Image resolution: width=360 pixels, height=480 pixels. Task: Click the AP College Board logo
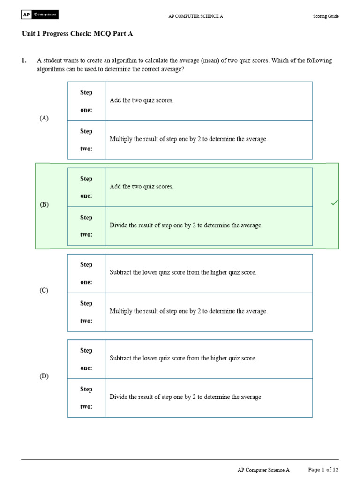point(40,15)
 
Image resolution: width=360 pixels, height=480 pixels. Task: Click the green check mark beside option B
point(334,202)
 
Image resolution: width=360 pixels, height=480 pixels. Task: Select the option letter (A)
point(44,119)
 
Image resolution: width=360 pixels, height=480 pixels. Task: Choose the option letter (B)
point(44,204)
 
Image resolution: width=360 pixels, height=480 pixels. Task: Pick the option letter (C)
point(44,290)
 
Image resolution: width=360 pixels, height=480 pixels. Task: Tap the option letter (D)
point(44,376)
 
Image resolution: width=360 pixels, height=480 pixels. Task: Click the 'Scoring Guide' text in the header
point(326,16)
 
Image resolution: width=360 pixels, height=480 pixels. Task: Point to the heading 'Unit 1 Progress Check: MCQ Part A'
point(81,34)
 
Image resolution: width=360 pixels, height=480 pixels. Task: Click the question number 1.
point(24,60)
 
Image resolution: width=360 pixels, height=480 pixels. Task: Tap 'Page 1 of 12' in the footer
point(323,469)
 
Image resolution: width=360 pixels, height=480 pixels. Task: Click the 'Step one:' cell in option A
point(86,101)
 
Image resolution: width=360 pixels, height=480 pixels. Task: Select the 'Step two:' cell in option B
point(86,226)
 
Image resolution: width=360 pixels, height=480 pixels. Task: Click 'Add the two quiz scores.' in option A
point(142,100)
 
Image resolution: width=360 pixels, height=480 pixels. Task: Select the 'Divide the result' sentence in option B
point(186,225)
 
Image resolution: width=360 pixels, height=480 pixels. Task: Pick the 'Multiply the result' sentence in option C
point(188,311)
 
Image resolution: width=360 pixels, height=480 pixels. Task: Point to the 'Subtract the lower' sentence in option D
point(183,358)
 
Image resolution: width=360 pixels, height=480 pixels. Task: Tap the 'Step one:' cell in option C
point(86,273)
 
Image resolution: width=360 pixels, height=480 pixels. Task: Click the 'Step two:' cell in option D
point(86,398)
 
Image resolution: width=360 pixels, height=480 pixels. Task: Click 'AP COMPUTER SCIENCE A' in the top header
point(195,16)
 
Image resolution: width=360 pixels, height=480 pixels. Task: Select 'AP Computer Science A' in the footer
point(263,470)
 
